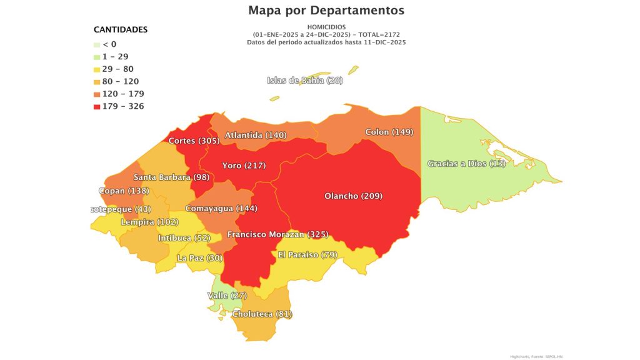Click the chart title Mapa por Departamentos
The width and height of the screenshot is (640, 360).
[326, 11]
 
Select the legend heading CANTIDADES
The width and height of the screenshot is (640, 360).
[121, 29]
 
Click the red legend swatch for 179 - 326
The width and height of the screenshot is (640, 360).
[96, 106]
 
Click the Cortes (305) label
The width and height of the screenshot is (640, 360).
[194, 141]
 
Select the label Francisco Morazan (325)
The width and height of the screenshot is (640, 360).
[278, 234]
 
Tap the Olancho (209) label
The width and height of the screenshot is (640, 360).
[353, 196]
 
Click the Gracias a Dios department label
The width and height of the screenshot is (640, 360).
[457, 164]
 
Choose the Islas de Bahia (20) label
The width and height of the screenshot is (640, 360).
[305, 80]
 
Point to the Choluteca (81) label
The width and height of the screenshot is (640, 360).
[262, 314]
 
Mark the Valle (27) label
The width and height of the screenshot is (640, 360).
[227, 295]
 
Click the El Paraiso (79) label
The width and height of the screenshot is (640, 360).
[307, 254]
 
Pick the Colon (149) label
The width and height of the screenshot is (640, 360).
[389, 132]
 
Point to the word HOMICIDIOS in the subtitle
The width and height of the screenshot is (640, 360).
[326, 27]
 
